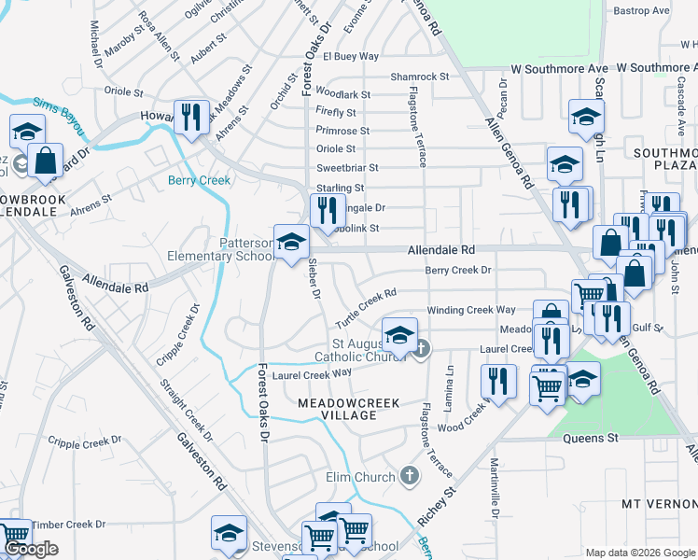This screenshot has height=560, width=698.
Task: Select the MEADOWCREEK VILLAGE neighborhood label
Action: (348, 408)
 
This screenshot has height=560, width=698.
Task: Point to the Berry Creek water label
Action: (199, 180)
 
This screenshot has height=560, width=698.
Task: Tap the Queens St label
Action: (593, 437)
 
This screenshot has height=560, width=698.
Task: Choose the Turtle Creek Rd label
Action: (367, 306)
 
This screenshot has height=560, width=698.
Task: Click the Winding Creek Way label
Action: (470, 310)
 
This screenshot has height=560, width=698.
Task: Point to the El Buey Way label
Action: (351, 56)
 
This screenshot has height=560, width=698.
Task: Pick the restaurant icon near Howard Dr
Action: (191, 117)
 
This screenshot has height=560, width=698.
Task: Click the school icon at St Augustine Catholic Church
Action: (399, 334)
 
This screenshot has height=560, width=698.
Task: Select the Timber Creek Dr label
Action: (68, 525)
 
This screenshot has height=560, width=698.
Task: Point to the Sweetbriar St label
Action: (347, 168)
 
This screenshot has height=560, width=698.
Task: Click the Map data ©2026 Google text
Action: (640, 553)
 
